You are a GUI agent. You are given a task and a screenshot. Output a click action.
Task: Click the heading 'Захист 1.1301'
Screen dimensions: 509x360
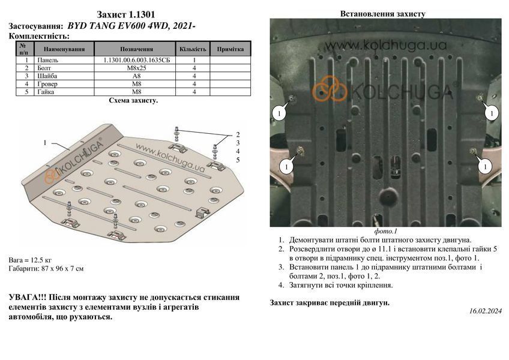125,14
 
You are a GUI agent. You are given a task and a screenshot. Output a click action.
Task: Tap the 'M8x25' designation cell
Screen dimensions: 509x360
134,68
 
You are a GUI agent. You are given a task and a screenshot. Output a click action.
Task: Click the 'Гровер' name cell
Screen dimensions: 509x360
48,84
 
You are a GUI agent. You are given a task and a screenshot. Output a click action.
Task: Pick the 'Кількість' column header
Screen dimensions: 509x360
193,49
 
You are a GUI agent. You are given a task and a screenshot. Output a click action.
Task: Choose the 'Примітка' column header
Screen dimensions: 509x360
230,49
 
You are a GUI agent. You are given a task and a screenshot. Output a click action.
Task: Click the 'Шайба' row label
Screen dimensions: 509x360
47,76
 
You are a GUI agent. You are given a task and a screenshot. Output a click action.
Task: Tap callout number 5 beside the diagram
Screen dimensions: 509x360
238,160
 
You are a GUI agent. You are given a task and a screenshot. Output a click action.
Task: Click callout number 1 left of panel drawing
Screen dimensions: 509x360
45,143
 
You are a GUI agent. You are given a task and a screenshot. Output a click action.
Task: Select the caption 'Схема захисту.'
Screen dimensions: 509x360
133,100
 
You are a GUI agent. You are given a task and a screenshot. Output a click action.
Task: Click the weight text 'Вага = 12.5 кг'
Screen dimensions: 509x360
30,260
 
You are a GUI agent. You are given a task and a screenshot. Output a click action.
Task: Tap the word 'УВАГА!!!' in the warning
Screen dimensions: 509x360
28,298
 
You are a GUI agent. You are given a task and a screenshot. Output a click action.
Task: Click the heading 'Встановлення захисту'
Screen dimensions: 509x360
383,14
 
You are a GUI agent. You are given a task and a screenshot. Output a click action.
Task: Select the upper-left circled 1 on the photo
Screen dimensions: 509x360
279,113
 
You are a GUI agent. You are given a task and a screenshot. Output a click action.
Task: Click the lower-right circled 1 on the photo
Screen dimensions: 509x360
485,167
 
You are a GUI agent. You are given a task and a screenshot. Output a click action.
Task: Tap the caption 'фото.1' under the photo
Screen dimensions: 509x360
385,231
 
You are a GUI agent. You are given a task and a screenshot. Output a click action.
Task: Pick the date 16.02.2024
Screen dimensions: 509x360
486,311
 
